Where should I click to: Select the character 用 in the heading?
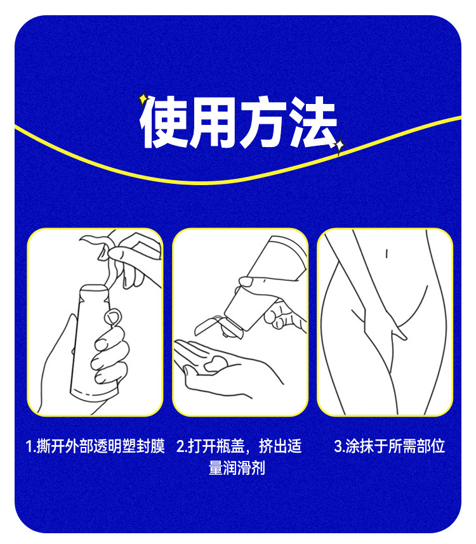pos(213,122)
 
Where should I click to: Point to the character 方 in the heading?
pos(263,122)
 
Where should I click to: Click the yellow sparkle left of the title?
pos(143,98)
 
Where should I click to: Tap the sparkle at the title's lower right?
pos(339,145)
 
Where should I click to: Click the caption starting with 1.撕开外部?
pos(95,446)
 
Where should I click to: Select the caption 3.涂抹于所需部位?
pos(389,446)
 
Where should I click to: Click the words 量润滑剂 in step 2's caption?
pos(237,468)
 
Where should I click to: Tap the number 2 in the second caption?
pos(180,446)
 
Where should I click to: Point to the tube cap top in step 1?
pos(94,288)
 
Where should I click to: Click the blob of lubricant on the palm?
pos(216,363)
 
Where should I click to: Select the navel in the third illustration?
pos(387,254)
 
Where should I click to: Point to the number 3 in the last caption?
pos(338,446)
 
